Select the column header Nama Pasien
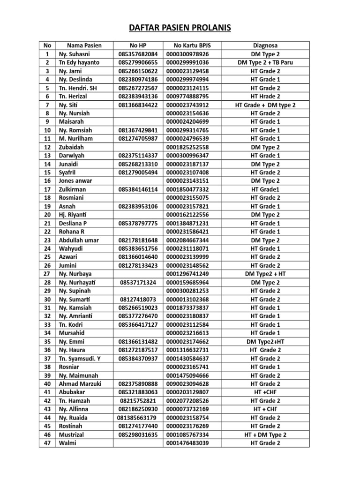point(84,45)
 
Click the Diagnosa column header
point(265,45)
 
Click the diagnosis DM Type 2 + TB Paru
point(265,62)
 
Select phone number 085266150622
point(138,71)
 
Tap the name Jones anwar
point(75,181)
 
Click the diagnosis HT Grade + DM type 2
point(265,105)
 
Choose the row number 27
point(47,274)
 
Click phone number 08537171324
point(138,282)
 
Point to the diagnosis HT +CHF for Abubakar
point(265,392)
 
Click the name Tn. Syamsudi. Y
point(80,359)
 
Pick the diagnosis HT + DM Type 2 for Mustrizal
point(265,435)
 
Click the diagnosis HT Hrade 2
point(265,96)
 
